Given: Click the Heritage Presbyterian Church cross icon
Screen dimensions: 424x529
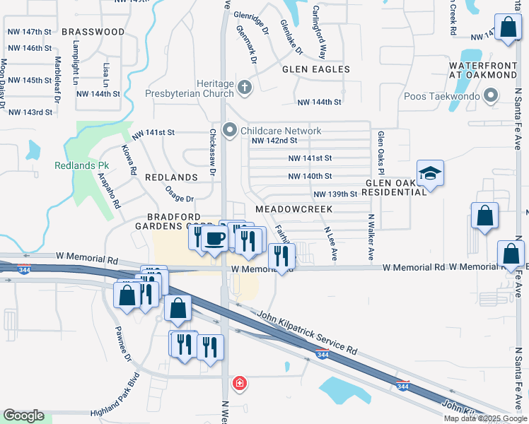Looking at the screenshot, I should (245, 88).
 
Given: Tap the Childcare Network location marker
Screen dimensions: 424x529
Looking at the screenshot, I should (229, 130).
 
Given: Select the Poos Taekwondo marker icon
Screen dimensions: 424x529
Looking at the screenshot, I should (490, 97).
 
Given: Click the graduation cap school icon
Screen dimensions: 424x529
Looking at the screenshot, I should (430, 173).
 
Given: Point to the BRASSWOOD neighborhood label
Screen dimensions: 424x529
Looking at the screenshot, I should (93, 32).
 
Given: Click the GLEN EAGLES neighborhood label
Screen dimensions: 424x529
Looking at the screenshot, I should (315, 69).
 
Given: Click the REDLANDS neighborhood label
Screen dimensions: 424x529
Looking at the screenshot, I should (170, 177).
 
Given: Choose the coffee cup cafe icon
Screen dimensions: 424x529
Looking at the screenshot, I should (214, 239).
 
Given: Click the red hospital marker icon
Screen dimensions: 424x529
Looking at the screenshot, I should (240, 384).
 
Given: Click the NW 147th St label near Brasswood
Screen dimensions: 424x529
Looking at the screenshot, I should (29, 32).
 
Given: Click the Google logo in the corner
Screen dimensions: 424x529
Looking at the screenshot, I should (24, 416).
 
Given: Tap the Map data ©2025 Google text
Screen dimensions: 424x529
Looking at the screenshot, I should (485, 418).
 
